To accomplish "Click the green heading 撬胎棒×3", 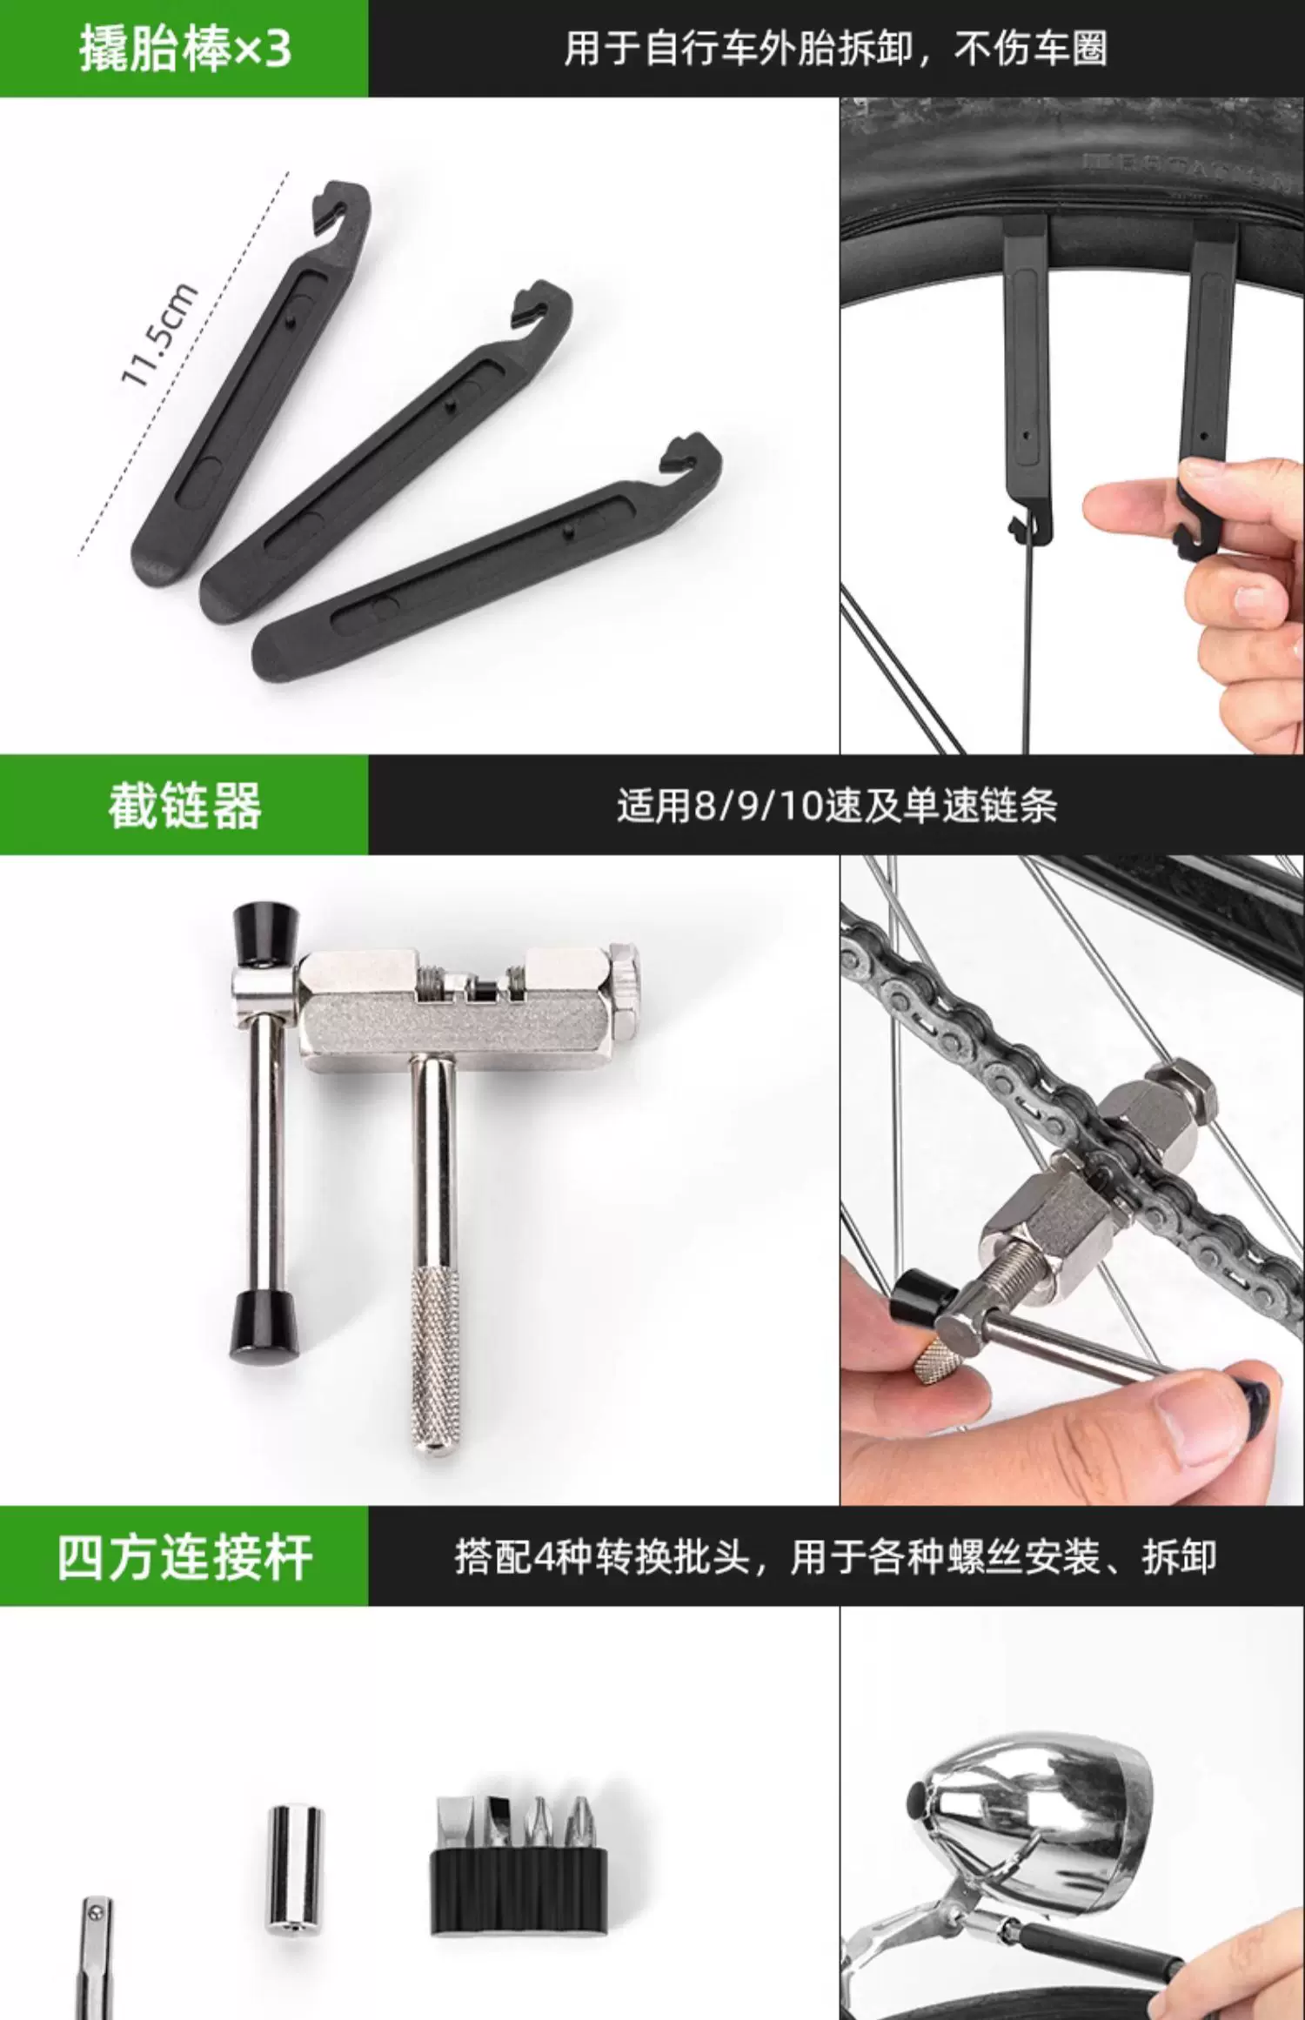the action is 184,49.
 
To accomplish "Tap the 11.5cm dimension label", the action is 159,335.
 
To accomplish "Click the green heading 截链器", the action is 184,806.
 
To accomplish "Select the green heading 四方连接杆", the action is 184,1557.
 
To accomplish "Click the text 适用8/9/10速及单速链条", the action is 837,806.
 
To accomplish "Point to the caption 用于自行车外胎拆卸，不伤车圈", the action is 836,48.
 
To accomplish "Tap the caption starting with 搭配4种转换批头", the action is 836,1557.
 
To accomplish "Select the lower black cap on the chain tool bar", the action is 264,1326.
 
